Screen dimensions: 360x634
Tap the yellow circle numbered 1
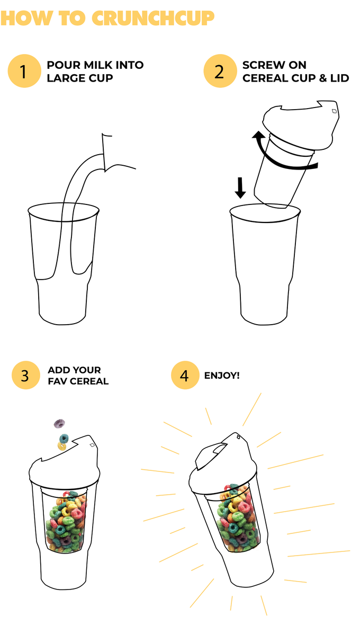24,71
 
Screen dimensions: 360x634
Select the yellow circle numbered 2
219,71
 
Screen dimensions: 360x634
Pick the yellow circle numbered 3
25,375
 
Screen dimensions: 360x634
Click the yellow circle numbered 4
184,375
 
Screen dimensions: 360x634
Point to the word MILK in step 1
105,65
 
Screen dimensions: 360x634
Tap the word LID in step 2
339,78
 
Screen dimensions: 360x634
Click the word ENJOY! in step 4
222,375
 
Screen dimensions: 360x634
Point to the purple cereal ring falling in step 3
59,424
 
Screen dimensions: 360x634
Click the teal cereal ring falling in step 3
64,439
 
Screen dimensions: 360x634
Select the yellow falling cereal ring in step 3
61,447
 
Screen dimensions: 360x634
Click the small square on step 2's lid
334,111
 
